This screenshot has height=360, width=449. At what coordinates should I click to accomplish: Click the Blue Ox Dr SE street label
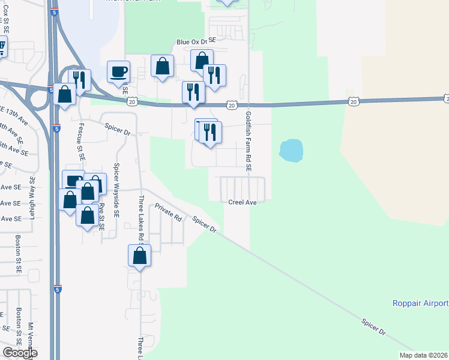[195, 42]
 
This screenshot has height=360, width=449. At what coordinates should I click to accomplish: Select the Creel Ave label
[243, 203]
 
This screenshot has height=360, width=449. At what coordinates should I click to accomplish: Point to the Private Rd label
[167, 213]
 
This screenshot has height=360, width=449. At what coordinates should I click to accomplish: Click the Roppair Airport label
[420, 303]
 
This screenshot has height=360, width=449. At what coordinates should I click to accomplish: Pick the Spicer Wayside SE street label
[116, 189]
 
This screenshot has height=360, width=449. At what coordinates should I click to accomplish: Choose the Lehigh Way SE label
[32, 197]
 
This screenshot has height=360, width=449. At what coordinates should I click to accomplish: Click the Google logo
[20, 353]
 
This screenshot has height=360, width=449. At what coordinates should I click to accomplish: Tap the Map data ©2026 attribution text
[424, 355]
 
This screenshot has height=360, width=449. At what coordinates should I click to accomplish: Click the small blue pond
[291, 150]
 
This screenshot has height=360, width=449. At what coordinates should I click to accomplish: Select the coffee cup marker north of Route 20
[118, 71]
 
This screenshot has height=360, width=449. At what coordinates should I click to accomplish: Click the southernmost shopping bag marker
[139, 256]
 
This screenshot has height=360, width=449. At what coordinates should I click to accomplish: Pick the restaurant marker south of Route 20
[209, 132]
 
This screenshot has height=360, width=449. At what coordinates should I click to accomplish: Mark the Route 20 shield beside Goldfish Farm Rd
[232, 106]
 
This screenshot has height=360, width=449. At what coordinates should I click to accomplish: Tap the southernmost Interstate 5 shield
[57, 289]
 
